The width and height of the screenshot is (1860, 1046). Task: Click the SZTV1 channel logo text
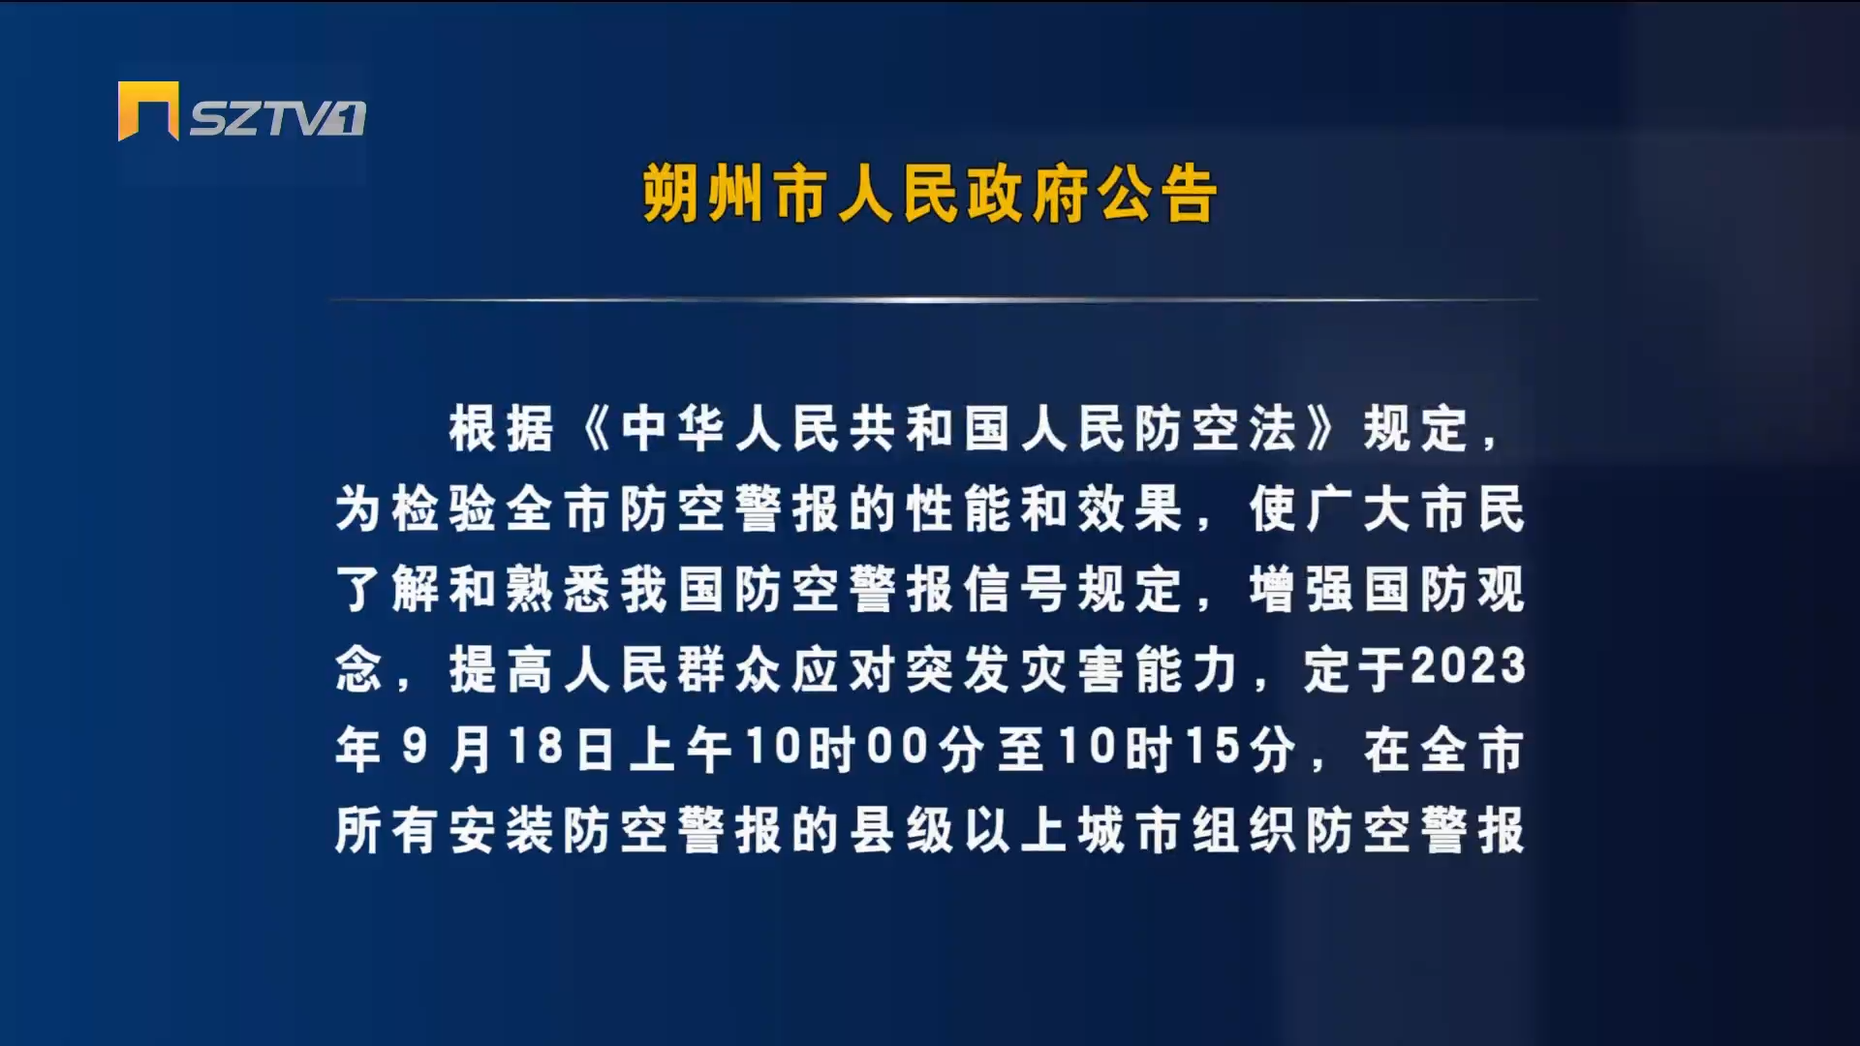pos(277,118)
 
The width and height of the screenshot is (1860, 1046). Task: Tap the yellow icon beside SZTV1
pos(148,110)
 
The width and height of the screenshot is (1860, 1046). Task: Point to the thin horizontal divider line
pos(934,300)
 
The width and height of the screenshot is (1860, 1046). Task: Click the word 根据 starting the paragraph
pos(501,429)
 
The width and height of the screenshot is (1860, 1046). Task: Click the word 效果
pos(1130,509)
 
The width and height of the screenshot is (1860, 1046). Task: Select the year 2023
pos(1469,667)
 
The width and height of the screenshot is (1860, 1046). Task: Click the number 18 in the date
pos(536,748)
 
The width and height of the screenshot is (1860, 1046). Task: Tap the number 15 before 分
pos(1213,748)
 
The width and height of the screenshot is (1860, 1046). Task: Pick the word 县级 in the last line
pos(901,831)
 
